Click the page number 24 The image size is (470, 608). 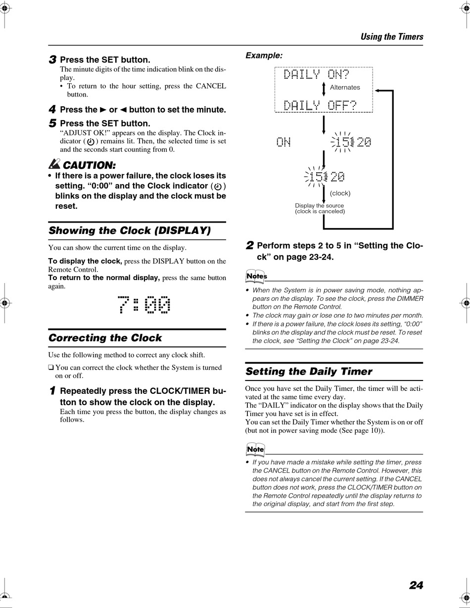[416, 585]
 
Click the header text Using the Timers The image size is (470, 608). [392, 37]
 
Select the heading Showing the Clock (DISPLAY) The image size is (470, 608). [130, 231]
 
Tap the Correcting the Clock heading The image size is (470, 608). [105, 338]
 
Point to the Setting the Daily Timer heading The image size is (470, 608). [309, 372]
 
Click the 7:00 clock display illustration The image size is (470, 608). [144, 305]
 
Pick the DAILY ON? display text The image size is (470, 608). [316, 75]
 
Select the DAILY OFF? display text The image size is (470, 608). [320, 105]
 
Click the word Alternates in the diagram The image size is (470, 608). [345, 88]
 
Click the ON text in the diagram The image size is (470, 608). [283, 142]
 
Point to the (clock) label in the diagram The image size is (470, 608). [340, 193]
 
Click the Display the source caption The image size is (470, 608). [319, 206]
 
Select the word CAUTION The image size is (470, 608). [90, 165]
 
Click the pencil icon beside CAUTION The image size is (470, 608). [54, 163]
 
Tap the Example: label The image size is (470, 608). [264, 56]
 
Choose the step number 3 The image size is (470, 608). [52, 60]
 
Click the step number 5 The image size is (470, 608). [52, 123]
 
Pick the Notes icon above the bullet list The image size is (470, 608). [256, 276]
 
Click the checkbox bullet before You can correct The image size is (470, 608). [51, 368]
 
